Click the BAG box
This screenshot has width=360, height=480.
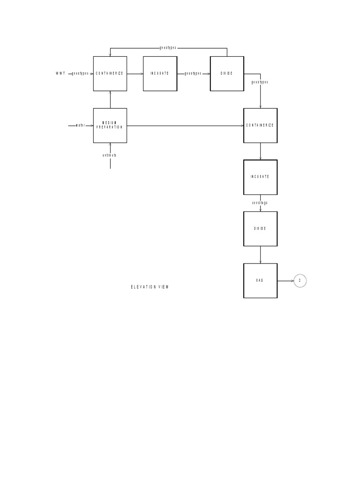(x=260, y=280)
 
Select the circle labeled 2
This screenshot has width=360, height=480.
(x=300, y=281)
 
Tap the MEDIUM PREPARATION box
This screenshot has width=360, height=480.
(x=110, y=126)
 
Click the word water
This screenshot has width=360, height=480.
(x=80, y=126)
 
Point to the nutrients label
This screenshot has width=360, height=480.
(x=110, y=155)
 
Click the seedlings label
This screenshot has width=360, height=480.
(x=260, y=203)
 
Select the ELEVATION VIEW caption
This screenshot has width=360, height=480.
(x=150, y=287)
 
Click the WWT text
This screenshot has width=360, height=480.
(x=60, y=74)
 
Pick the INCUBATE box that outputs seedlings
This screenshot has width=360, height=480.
(x=260, y=177)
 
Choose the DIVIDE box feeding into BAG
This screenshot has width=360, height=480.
(x=260, y=229)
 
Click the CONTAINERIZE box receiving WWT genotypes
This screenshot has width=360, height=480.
(x=110, y=74)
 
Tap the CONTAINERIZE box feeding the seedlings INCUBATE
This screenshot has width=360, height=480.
(x=260, y=126)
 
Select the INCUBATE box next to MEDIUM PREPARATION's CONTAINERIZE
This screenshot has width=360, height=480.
(x=160, y=74)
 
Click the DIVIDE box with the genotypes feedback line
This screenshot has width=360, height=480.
(x=227, y=74)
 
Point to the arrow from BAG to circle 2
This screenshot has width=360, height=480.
(x=285, y=281)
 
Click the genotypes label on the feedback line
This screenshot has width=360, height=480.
(x=168, y=48)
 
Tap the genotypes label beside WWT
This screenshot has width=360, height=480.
(x=80, y=74)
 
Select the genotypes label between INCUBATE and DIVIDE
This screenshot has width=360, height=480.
(x=193, y=74)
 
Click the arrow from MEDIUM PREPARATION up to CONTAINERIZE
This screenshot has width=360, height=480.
(x=110, y=99)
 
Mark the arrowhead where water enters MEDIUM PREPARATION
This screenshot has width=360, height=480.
(x=92, y=126)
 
